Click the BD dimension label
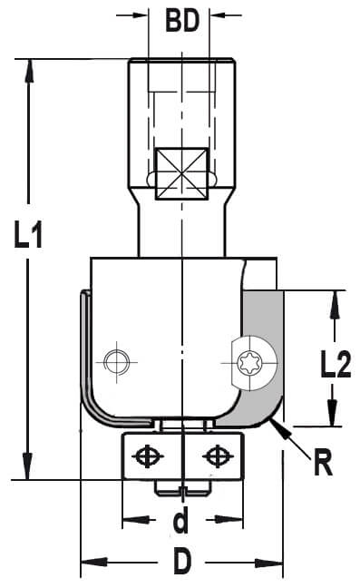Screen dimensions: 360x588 [182, 21]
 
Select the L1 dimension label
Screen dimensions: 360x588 [28, 234]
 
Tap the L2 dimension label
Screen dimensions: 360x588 [336, 364]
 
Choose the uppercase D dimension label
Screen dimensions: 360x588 [182, 561]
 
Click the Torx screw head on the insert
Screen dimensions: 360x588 [249, 363]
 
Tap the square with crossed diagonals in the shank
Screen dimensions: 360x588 [181, 173]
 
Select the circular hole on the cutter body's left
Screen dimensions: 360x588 [116, 362]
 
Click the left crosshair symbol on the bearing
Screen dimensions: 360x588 [147, 456]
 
